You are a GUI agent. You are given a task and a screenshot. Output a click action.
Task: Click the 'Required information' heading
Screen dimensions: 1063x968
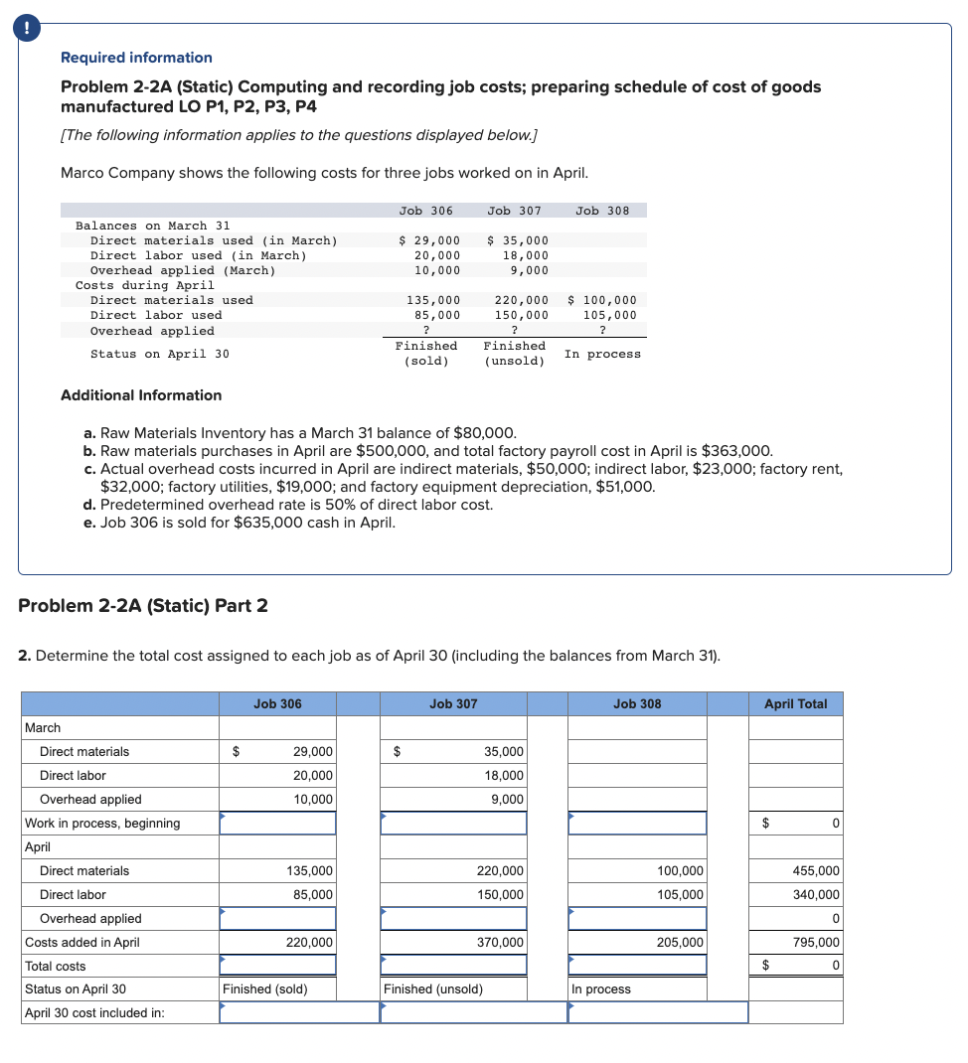pyautogui.click(x=136, y=58)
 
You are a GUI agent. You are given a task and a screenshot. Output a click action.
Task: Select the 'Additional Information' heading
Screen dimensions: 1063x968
pyautogui.click(x=141, y=395)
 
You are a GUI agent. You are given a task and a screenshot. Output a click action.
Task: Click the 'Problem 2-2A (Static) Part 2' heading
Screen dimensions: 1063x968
pyautogui.click(x=143, y=606)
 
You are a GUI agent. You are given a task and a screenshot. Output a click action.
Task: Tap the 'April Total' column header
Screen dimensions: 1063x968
pyautogui.click(x=795, y=704)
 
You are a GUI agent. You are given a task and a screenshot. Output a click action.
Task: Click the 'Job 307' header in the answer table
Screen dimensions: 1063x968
pyautogui.click(x=453, y=704)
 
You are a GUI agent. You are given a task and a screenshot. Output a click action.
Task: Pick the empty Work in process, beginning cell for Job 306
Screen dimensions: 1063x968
pyautogui.click(x=277, y=824)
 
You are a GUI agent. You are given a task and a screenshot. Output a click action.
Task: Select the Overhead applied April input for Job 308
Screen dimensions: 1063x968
pyautogui.click(x=637, y=919)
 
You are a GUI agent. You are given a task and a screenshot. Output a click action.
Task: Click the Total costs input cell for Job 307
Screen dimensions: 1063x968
pyautogui.click(x=453, y=966)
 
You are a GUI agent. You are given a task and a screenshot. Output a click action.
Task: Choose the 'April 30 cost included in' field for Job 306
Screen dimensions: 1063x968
pyautogui.click(x=299, y=1012)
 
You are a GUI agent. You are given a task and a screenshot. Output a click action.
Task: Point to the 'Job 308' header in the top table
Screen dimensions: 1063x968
pyautogui.click(x=602, y=211)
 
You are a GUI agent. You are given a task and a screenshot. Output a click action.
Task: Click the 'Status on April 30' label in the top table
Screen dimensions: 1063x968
pyautogui.click(x=159, y=354)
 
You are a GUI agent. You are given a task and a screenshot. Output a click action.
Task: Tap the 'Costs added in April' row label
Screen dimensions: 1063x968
pyautogui.click(x=82, y=943)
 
